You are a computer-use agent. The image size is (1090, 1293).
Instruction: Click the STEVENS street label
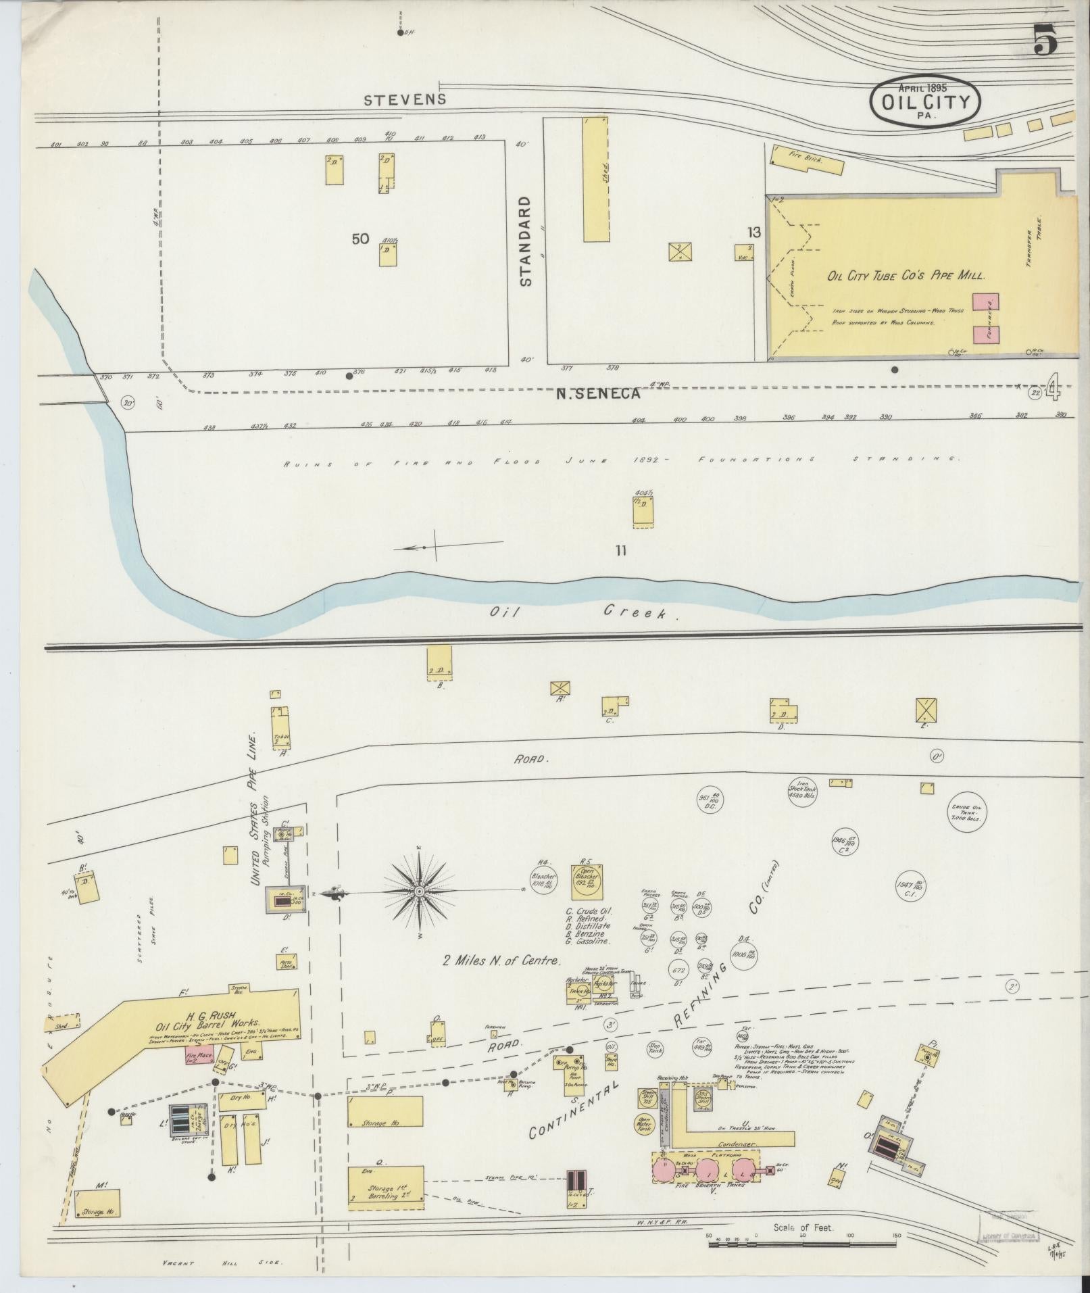(405, 100)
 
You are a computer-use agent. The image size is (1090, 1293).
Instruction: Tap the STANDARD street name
(526, 241)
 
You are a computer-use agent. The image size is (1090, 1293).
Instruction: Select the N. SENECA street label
(597, 393)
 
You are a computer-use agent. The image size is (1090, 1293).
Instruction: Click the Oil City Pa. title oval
(924, 101)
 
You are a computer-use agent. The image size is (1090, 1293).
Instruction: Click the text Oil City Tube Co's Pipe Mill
(906, 276)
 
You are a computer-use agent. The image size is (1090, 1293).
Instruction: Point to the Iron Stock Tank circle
(802, 791)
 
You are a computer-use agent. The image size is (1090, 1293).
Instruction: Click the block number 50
(361, 239)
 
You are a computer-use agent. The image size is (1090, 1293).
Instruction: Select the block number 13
(753, 233)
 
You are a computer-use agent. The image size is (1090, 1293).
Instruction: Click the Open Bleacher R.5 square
(586, 878)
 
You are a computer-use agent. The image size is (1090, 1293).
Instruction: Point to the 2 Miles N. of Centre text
(502, 960)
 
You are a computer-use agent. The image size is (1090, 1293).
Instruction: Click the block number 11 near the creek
(620, 551)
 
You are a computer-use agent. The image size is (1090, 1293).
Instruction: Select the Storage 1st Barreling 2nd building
(386, 1188)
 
